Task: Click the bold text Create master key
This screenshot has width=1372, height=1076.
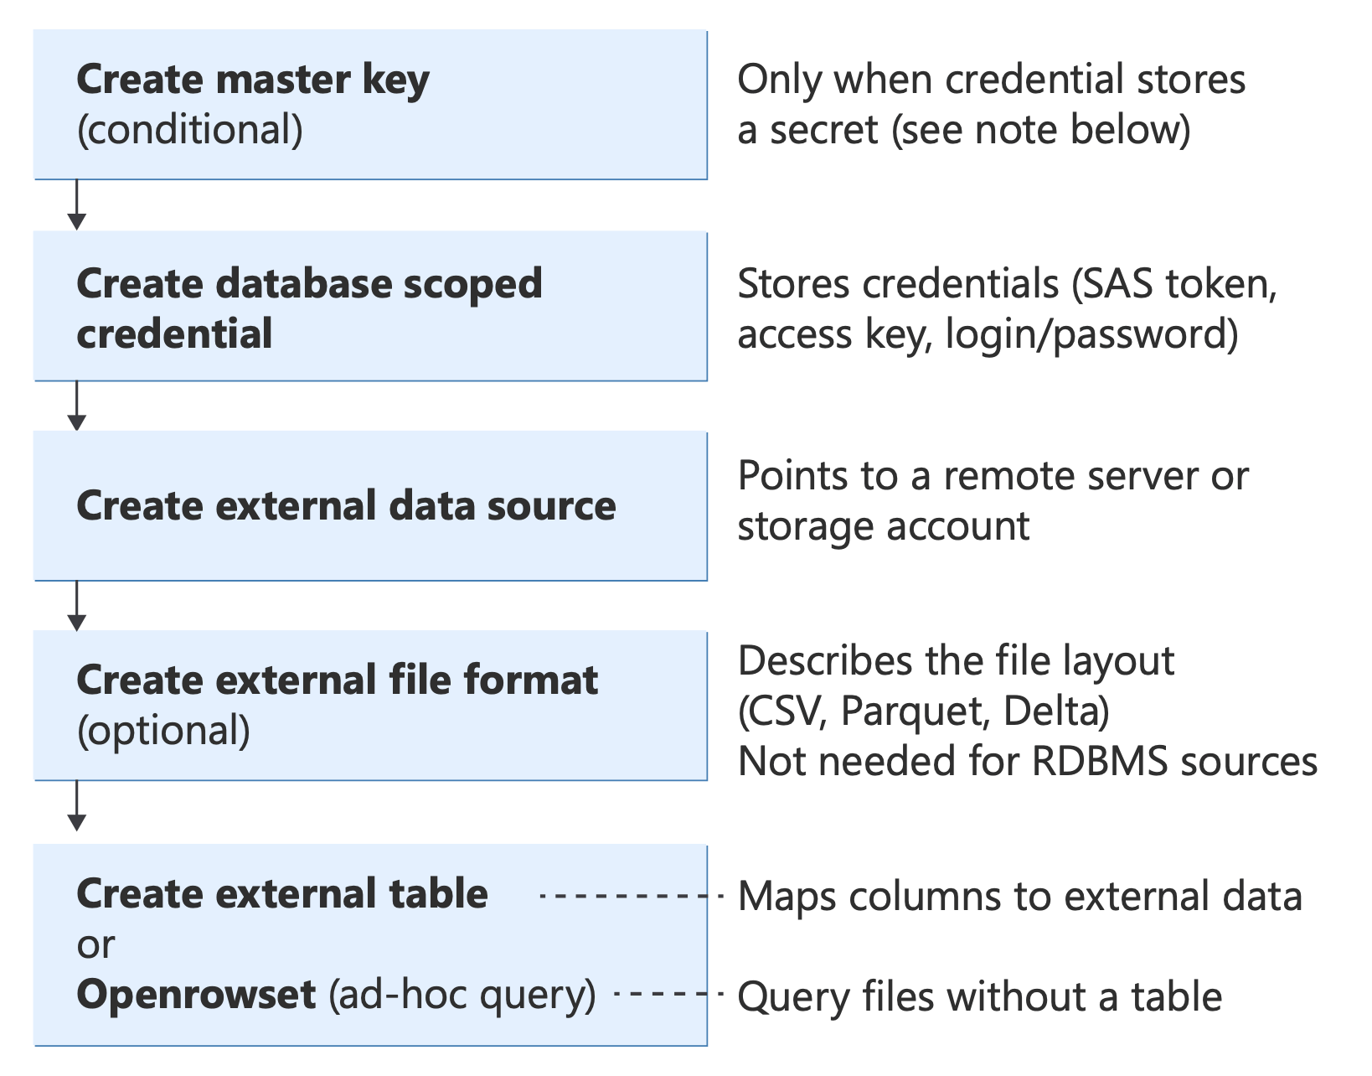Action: [252, 80]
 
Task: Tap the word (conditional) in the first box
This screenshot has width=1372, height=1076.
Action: [190, 131]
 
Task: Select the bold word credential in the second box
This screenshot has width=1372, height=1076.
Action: [174, 334]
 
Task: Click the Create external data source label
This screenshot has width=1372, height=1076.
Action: [346, 506]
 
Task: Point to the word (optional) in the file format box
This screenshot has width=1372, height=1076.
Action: [163, 731]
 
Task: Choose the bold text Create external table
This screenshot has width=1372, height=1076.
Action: [282, 894]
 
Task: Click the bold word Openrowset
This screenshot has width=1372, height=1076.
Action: [196, 995]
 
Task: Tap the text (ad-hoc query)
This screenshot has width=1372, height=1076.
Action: [462, 995]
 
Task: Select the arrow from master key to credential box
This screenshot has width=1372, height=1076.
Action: [77, 205]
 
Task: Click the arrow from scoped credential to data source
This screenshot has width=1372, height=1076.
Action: [77, 406]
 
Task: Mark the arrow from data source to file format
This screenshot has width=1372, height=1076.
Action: [77, 606]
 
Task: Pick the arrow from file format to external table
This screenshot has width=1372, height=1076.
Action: [77, 806]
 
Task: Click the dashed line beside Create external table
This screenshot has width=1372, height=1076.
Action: [630, 896]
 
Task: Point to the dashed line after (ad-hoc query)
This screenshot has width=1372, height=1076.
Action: [668, 995]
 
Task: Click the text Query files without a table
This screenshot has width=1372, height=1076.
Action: [979, 997]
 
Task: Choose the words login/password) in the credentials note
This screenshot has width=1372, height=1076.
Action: [1091, 334]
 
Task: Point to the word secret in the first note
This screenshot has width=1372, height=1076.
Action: [824, 131]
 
